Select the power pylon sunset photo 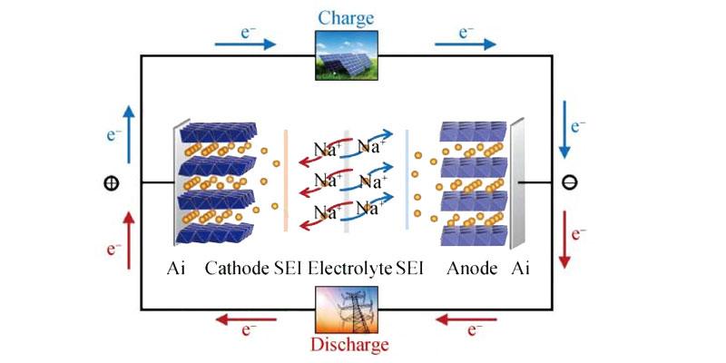pos(345,309)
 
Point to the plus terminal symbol pos(111,182)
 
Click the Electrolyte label pos(349,269)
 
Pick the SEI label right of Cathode pos(288,269)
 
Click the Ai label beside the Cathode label pos(176,269)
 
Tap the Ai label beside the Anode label pos(521,269)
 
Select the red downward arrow pos(564,240)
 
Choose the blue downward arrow pos(564,123)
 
